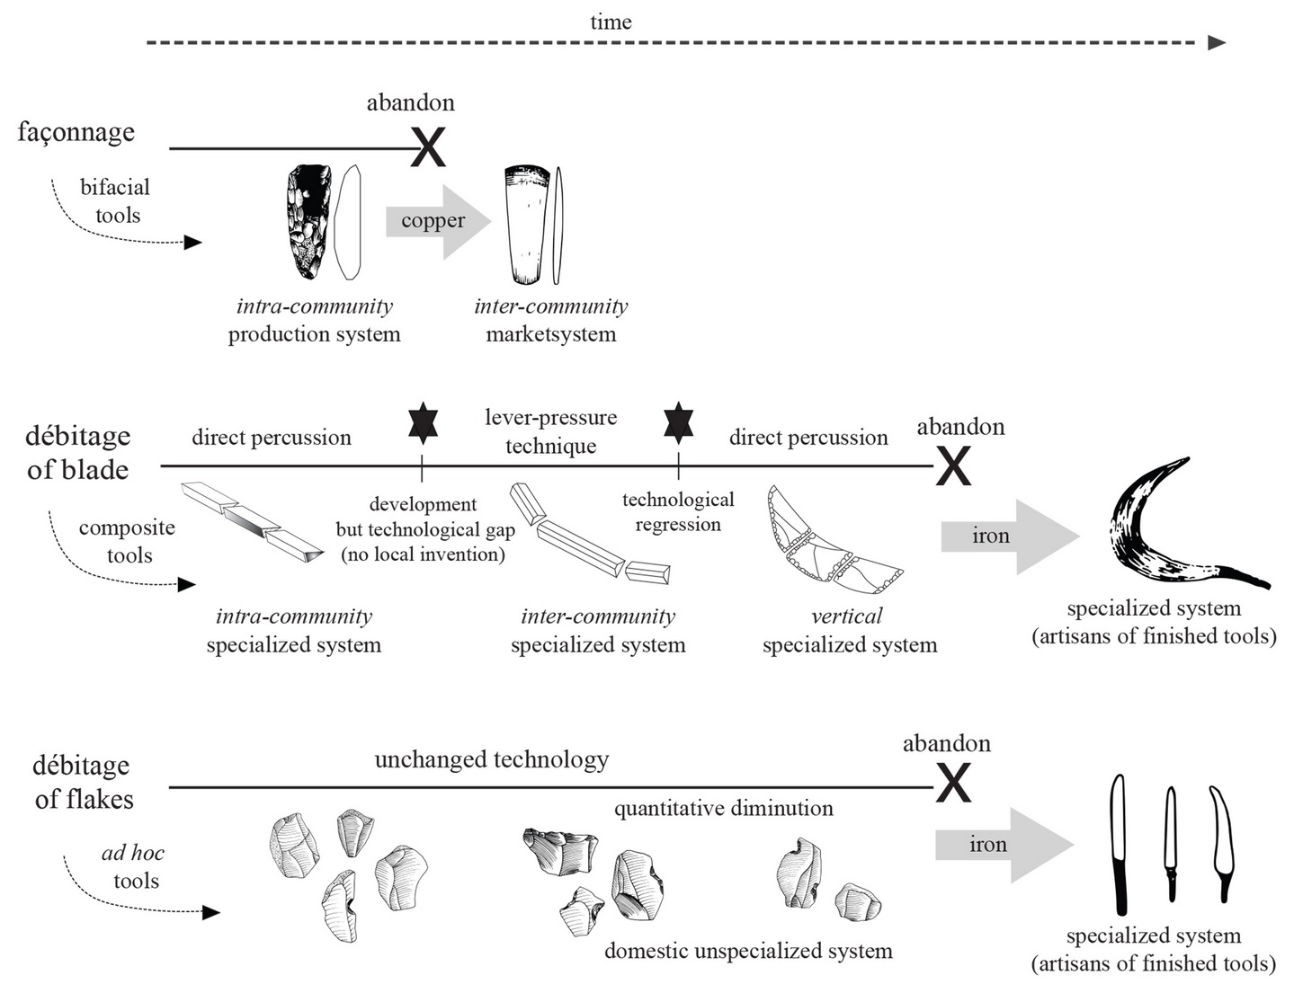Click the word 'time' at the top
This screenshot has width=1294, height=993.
pyautogui.click(x=611, y=22)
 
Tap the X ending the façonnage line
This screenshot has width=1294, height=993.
pyautogui.click(x=428, y=147)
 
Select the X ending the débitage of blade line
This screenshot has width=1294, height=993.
pyautogui.click(x=953, y=465)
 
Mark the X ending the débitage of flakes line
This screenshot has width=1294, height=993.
pyautogui.click(x=953, y=785)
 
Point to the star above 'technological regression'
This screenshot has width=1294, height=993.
pyautogui.click(x=678, y=421)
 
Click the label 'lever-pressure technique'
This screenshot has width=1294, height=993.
pyautogui.click(x=550, y=431)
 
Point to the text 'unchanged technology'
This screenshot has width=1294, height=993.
pyautogui.click(x=492, y=760)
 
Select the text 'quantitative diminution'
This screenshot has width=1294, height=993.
pyautogui.click(x=723, y=809)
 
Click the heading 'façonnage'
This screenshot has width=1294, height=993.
pyautogui.click(x=76, y=132)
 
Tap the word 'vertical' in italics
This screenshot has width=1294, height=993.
pyautogui.click(x=846, y=616)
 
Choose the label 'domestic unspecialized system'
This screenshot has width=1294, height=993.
pyautogui.click(x=748, y=951)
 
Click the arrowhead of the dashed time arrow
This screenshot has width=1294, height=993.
pyautogui.click(x=1217, y=42)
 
